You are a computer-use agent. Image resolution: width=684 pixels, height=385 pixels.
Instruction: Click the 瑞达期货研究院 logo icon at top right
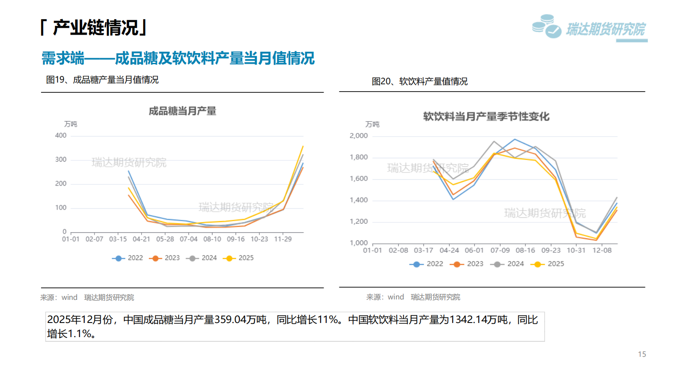546,26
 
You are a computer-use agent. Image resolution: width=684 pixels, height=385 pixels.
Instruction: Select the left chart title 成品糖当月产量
183,111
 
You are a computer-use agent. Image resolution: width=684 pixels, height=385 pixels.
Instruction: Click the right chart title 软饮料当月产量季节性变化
486,116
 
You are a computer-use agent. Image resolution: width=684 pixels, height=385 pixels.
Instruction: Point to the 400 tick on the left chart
61,136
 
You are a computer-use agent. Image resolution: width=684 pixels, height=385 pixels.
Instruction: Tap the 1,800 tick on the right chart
359,157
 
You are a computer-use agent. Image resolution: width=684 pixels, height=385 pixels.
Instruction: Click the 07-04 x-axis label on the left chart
189,239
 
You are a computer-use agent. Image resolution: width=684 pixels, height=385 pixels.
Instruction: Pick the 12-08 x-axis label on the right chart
601,250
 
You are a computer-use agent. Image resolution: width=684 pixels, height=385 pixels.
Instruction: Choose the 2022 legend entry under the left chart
128,258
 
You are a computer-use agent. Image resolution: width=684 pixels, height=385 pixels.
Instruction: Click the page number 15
642,354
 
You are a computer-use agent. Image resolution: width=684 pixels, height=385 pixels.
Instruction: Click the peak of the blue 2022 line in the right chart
515,139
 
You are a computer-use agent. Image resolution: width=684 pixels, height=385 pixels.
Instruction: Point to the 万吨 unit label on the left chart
71,124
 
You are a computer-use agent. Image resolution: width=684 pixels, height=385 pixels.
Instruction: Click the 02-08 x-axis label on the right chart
398,250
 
